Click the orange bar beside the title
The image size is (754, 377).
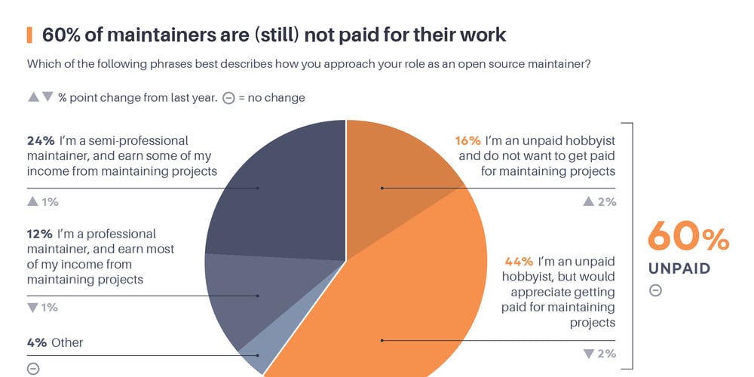29,35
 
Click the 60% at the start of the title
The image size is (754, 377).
59,35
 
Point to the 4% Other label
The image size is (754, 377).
54,342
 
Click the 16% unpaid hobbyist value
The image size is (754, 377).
467,141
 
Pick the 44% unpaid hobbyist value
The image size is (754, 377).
518,262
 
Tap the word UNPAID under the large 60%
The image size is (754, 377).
679,268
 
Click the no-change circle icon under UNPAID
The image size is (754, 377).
655,290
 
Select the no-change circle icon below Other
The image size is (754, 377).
32,369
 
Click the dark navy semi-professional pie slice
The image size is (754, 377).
279,188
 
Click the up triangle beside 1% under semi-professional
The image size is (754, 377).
32,201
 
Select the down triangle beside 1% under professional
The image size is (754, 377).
32,308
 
